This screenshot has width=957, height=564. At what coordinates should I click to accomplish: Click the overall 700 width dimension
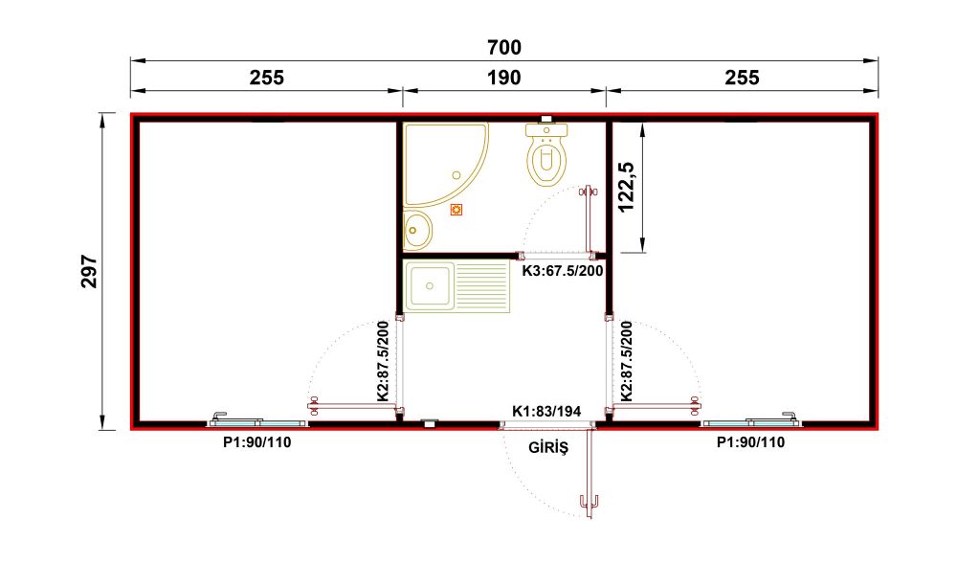504,47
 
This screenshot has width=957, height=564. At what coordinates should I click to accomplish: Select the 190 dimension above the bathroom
504,78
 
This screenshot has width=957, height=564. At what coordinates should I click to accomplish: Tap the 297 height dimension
89,272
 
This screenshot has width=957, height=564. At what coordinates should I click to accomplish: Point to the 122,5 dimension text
627,187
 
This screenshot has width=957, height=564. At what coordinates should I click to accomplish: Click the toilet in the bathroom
546,154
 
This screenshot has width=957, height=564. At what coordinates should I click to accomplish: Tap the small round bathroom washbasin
417,230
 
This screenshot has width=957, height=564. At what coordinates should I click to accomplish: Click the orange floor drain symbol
456,210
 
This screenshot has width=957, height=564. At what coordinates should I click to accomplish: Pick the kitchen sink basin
431,285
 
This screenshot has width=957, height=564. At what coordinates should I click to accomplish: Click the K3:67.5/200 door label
562,270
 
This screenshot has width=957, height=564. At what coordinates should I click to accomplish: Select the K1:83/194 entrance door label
546,412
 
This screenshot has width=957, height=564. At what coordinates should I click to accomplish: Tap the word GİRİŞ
548,447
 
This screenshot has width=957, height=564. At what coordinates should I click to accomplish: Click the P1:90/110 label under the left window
256,442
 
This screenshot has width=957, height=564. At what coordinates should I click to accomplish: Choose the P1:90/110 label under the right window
750,442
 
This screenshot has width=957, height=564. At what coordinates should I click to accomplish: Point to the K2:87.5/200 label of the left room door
384,361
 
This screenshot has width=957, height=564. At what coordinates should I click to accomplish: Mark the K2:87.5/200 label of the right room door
627,361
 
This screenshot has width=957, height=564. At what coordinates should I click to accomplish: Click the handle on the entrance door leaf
589,503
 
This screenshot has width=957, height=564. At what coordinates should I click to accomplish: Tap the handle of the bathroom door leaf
589,192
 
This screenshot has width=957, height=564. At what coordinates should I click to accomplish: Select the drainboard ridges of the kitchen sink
482,285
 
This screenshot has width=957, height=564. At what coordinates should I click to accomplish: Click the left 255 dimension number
267,78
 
